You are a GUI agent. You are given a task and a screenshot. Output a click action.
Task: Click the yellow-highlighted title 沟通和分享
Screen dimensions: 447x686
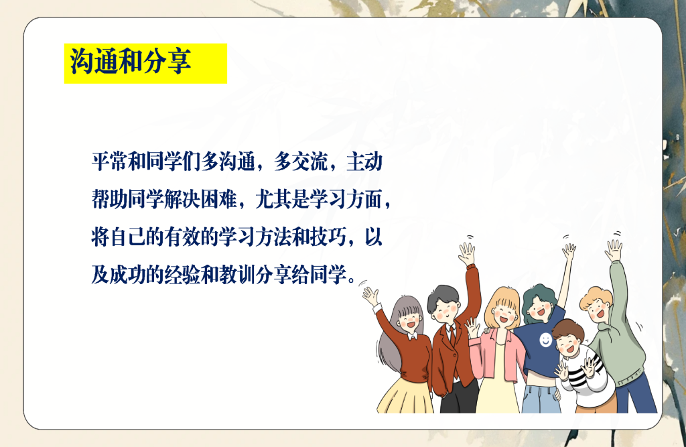(131, 62)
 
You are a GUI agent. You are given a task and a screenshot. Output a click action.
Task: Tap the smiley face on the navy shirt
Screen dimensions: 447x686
(546, 340)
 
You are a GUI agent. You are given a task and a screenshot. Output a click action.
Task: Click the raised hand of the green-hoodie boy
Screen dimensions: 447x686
(614, 251)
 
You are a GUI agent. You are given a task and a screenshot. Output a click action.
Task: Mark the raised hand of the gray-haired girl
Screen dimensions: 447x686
(370, 294)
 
